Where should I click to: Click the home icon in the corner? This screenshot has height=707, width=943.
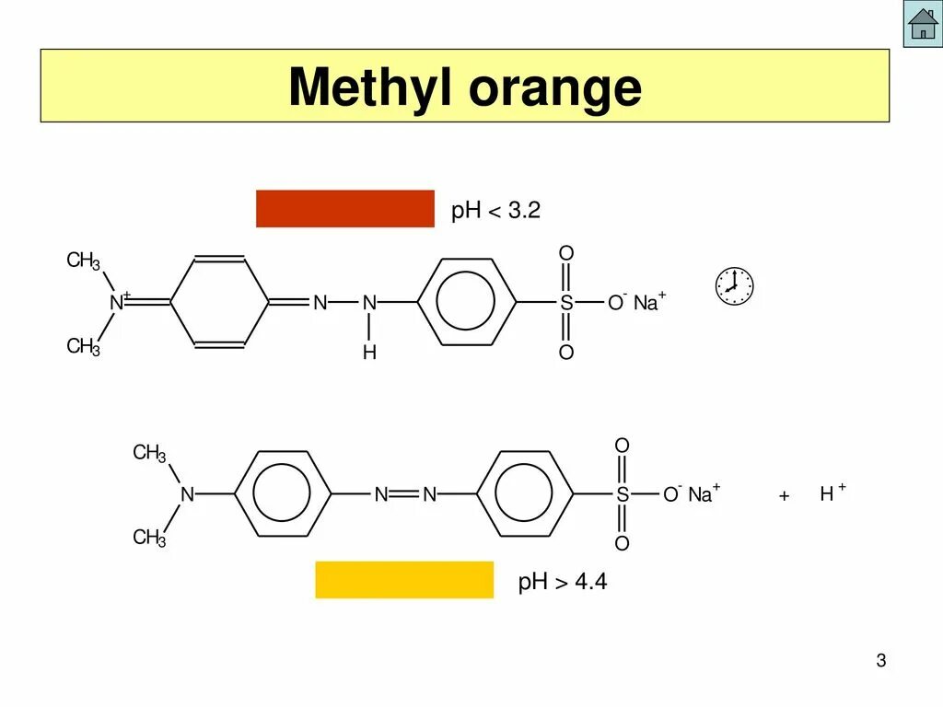[922, 24]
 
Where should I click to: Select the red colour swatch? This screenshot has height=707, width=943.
[344, 208]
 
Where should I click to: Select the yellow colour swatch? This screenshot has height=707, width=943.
[404, 579]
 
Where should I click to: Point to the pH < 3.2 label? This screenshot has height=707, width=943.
[495, 211]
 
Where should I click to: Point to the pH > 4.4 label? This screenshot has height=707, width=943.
[563, 582]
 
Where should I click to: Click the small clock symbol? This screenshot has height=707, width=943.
[734, 285]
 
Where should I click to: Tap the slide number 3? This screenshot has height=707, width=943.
[880, 661]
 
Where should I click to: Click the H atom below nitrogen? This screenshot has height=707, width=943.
[369, 353]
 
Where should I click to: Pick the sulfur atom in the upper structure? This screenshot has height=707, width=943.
[566, 303]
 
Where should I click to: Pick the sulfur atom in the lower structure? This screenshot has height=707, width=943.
[623, 495]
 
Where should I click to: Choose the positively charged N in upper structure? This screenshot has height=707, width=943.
[117, 302]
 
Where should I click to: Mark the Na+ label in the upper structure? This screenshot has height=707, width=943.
[648, 303]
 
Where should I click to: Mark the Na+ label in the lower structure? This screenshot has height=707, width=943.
[704, 494]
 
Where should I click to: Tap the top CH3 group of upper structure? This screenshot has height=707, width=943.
[83, 261]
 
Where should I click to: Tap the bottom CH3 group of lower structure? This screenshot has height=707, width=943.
[149, 538]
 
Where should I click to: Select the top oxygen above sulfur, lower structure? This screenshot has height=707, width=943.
[622, 446]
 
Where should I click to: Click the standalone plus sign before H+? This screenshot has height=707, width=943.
[784, 496]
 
